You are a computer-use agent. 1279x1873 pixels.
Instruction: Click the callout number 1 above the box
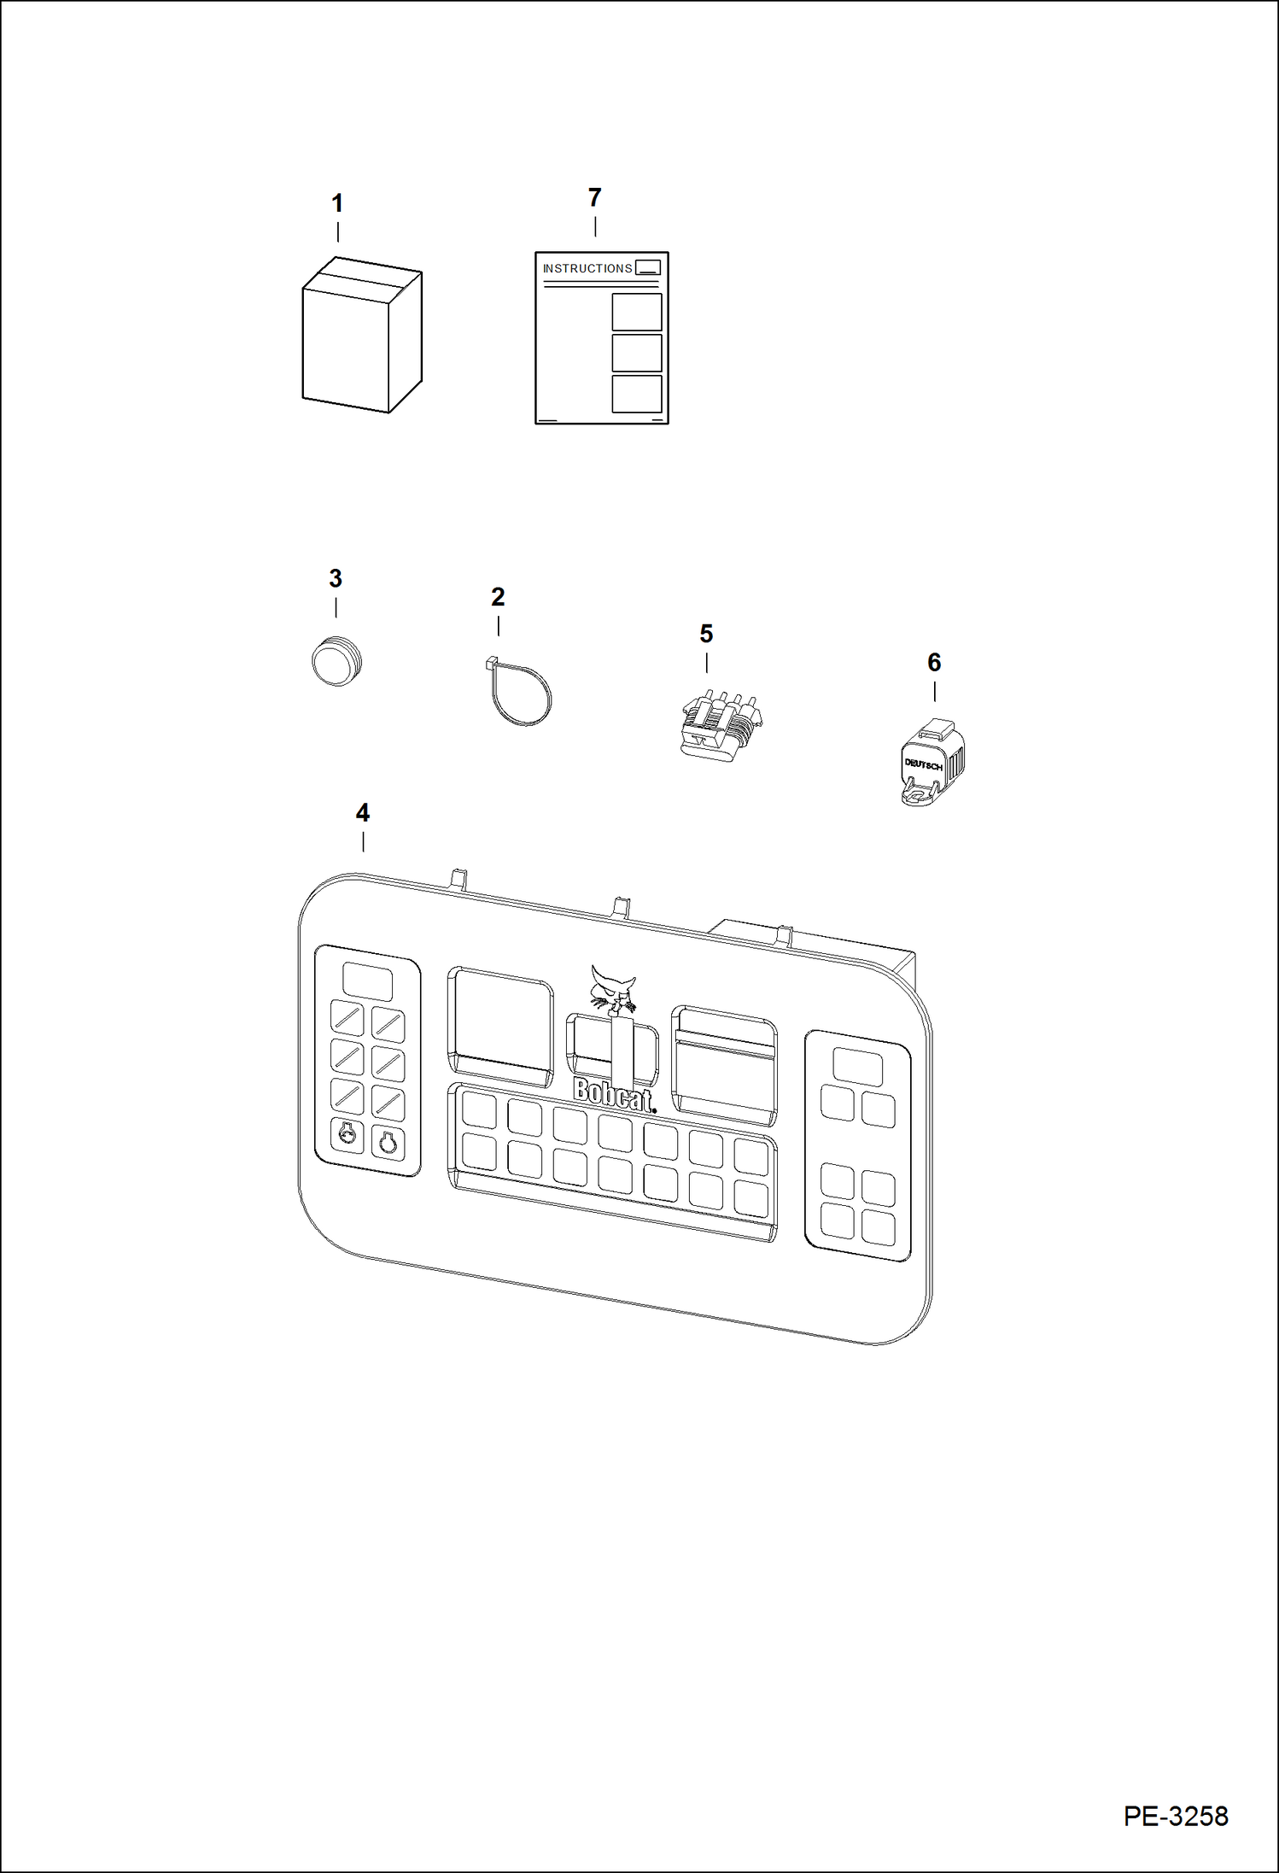(x=337, y=203)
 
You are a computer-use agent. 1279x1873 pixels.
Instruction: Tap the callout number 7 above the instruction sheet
(x=595, y=198)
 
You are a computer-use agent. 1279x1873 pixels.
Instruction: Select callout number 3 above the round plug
(x=336, y=578)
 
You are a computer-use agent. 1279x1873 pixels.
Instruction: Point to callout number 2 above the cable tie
(x=498, y=597)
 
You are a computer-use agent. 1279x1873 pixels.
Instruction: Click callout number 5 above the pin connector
(x=706, y=634)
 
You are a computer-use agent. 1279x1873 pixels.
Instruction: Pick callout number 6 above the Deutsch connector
(x=934, y=662)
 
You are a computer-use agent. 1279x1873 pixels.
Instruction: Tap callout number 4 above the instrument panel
(x=363, y=813)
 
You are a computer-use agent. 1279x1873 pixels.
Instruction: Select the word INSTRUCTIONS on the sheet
(x=587, y=268)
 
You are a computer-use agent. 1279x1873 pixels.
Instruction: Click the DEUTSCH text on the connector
(x=923, y=764)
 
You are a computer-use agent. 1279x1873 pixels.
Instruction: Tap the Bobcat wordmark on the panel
(x=613, y=1094)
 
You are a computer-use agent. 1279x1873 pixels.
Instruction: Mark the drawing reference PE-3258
(x=1175, y=1816)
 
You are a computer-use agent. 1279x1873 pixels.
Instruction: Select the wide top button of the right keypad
(x=857, y=1067)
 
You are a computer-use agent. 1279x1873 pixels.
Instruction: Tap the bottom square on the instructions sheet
(x=637, y=394)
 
